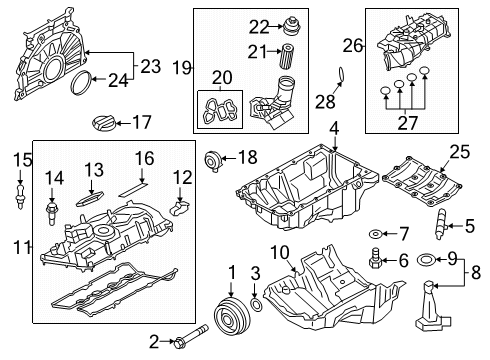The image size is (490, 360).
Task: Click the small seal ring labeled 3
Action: [x=258, y=304]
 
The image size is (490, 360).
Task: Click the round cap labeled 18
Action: [x=211, y=158]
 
